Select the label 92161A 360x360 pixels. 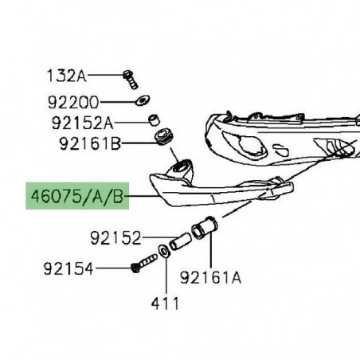click(x=211, y=278)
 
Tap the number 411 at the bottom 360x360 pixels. click(x=166, y=303)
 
